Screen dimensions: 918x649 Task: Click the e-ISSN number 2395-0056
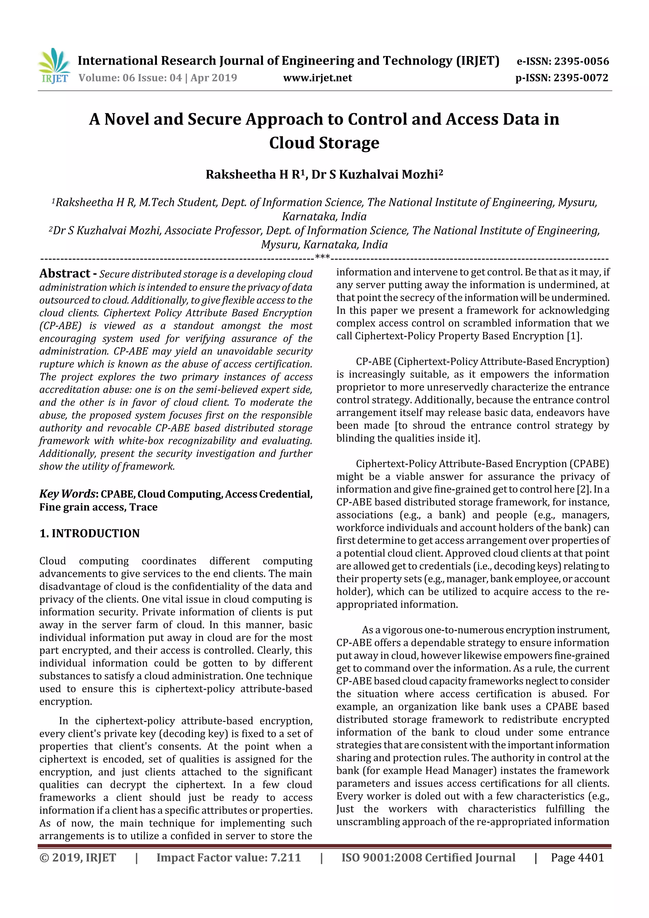(x=581, y=61)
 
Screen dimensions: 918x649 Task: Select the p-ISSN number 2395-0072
(x=581, y=78)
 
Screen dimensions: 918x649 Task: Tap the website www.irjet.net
(x=318, y=78)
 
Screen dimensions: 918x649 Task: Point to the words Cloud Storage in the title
(x=324, y=143)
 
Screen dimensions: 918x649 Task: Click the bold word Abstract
(x=65, y=273)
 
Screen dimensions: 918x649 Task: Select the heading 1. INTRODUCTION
(x=90, y=533)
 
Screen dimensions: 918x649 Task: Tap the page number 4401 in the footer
(x=591, y=857)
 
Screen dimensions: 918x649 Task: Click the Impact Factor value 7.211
(x=286, y=857)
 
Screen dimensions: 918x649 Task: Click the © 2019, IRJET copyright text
(x=78, y=857)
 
